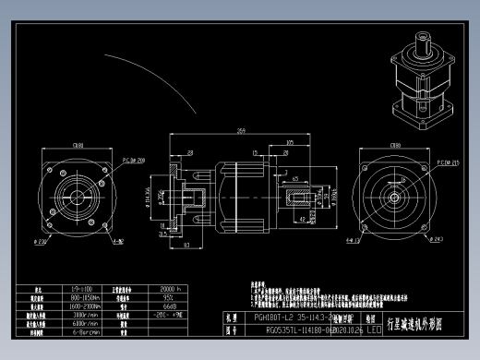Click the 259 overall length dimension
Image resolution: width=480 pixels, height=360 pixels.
click(x=242, y=130)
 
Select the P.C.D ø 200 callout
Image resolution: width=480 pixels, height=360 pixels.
click(x=135, y=159)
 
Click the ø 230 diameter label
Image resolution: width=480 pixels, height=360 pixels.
click(x=42, y=242)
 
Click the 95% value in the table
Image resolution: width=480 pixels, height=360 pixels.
click(x=171, y=298)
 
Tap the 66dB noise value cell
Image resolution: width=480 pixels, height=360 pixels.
click(x=171, y=306)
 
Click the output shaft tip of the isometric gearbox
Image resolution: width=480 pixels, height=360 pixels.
click(x=422, y=38)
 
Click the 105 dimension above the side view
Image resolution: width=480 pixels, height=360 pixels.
click(x=291, y=142)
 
